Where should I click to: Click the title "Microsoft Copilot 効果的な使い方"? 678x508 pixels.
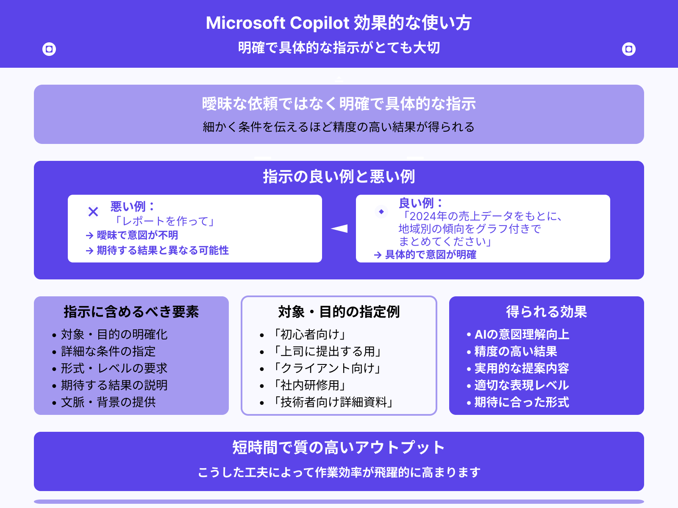(x=339, y=23)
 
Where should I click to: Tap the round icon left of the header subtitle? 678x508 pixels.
(x=49, y=49)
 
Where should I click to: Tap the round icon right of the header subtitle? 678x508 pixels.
(x=629, y=49)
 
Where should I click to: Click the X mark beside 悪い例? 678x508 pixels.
(x=93, y=211)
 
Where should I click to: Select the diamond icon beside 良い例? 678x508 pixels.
(x=381, y=211)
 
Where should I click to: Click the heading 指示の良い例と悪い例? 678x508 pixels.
(x=339, y=177)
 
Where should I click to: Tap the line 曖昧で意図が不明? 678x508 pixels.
(x=137, y=235)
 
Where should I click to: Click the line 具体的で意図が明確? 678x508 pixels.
(x=431, y=255)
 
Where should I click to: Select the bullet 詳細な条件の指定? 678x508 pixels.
(x=108, y=351)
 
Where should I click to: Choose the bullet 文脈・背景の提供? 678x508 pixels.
(x=108, y=402)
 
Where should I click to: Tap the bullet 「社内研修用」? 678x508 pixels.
(x=310, y=385)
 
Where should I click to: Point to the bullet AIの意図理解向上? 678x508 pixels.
(x=522, y=334)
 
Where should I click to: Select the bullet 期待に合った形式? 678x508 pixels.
(x=522, y=402)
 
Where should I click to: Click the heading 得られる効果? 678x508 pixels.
(x=546, y=312)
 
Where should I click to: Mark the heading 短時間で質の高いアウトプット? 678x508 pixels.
(x=339, y=447)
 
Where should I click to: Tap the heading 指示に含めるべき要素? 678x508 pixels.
(x=131, y=312)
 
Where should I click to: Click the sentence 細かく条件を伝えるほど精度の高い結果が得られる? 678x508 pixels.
(x=339, y=127)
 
